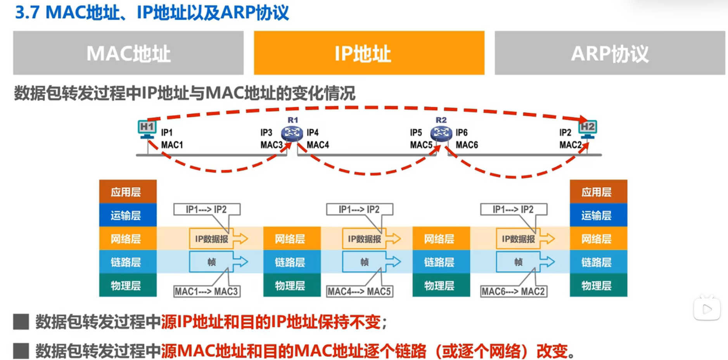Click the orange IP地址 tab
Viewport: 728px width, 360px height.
coord(369,53)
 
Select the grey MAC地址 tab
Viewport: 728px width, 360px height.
coord(128,53)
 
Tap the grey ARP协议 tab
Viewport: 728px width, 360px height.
coord(610,53)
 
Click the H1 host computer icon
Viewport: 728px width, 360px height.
coord(147,129)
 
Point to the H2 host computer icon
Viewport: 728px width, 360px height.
coord(588,129)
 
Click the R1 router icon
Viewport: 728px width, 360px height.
coord(292,133)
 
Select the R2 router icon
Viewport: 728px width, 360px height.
coord(441,133)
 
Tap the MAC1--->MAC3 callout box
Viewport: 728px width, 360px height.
coord(207,291)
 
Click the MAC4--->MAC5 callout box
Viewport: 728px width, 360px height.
coord(360,291)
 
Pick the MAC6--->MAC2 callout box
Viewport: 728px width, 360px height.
coord(514,291)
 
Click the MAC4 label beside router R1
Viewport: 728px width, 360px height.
coord(318,145)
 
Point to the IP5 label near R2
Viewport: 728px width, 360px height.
coord(416,133)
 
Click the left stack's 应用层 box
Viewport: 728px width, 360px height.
coord(128,192)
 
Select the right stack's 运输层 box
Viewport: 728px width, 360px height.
coord(598,215)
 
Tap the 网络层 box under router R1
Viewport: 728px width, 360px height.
coord(292,238)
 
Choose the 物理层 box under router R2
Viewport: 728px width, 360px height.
coord(441,285)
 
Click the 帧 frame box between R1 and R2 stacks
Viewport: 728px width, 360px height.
coord(365,262)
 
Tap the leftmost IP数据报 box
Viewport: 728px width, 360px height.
coord(211,239)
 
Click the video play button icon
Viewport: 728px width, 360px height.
coord(707,309)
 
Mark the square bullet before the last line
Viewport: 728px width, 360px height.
coord(21,351)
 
